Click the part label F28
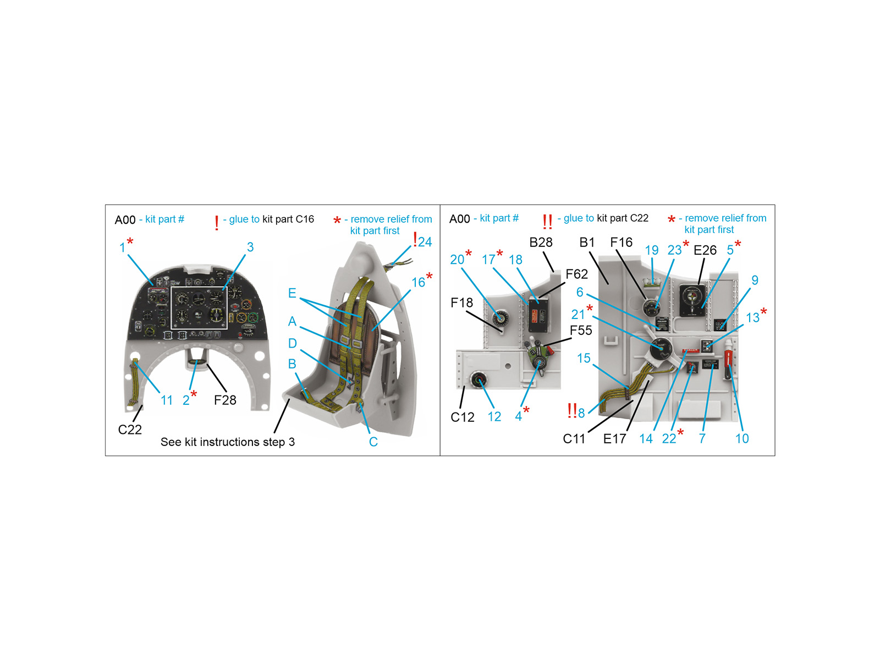pos(225,400)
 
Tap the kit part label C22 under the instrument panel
pos(130,430)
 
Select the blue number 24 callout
pos(425,242)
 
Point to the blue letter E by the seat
pos(292,293)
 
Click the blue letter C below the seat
pos(373,442)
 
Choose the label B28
pos(541,243)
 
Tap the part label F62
pos(576,274)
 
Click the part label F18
pos(462,302)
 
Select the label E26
pos(705,250)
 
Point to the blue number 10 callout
pos(742,438)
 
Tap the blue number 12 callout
pos(494,417)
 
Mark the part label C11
pos(574,439)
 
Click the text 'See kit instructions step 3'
pos(228,442)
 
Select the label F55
pos(581,331)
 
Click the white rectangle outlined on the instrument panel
pos(199,308)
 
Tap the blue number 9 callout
pos(755,280)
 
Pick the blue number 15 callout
pos(584,358)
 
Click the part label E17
pos(614,439)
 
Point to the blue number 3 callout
pos(250,247)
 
